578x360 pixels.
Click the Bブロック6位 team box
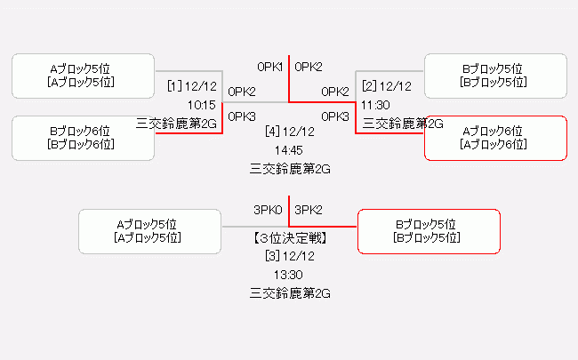click(x=83, y=138)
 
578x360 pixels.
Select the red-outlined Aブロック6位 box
click(x=495, y=138)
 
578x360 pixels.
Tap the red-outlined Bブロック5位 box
click(x=429, y=231)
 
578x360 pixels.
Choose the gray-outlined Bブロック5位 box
click(x=495, y=76)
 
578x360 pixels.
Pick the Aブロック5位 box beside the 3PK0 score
click(x=149, y=231)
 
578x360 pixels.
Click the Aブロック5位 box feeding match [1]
click(x=83, y=76)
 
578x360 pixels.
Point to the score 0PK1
click(x=269, y=67)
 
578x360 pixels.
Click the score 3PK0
click(x=268, y=210)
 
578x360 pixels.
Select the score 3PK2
click(x=309, y=210)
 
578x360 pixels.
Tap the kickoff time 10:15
click(x=202, y=106)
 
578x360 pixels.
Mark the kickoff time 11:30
click(x=375, y=106)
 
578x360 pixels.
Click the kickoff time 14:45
click(x=289, y=150)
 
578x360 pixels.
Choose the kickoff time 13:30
click(x=288, y=275)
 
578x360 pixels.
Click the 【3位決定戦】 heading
click(x=290, y=238)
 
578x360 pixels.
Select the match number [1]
click(x=174, y=86)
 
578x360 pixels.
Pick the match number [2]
click(x=369, y=86)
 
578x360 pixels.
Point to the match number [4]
click(x=272, y=132)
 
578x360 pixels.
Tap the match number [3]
click(x=272, y=256)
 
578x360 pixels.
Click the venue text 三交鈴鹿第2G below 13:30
click(x=290, y=293)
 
